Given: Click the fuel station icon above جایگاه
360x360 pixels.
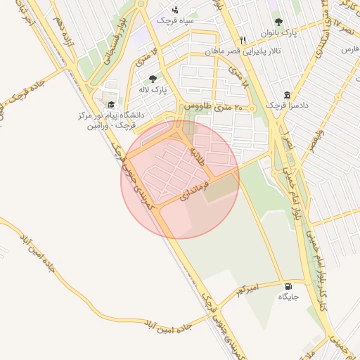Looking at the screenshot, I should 288,286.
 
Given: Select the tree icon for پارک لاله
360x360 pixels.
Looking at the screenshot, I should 153,79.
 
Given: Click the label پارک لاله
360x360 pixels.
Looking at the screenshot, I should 153,91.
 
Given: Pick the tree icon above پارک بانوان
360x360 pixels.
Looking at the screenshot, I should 279,22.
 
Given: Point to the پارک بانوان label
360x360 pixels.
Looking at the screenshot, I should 279,33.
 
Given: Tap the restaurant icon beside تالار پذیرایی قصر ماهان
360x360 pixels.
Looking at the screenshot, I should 243,40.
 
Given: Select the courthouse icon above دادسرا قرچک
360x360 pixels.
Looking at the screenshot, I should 287,95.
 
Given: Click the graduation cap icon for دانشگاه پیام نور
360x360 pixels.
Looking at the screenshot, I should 112,104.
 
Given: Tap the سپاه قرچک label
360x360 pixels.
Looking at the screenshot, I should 174,21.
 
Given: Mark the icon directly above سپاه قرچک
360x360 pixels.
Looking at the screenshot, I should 174,10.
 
